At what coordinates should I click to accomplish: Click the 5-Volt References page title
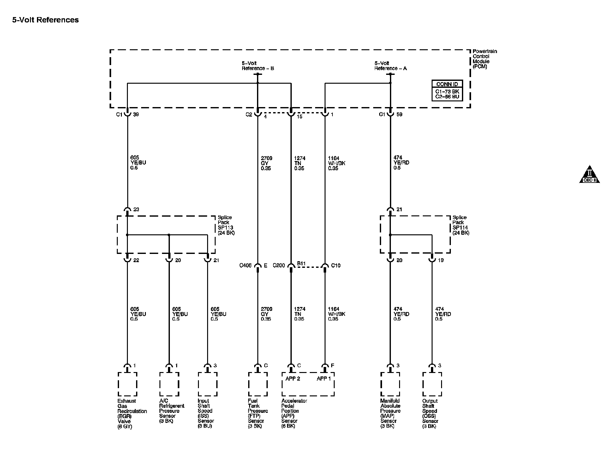tap(45, 20)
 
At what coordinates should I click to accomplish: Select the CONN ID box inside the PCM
tap(447, 90)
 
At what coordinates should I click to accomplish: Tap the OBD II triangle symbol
tap(589, 175)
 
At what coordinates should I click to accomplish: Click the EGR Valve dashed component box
tap(127, 384)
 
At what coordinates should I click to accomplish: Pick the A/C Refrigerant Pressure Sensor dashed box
tap(169, 384)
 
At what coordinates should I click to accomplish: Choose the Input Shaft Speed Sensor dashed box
tap(207, 384)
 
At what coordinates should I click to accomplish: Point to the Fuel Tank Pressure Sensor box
tap(258, 384)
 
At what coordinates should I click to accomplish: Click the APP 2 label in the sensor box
tap(292, 379)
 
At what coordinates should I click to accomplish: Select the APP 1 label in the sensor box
tap(324, 379)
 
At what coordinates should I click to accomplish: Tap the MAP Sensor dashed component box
tap(390, 384)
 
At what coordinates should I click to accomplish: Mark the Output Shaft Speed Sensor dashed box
tap(432, 384)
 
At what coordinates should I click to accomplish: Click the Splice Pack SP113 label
tap(226, 225)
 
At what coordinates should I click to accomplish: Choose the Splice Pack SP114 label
tap(461, 225)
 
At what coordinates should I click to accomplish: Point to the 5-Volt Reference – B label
tap(258, 66)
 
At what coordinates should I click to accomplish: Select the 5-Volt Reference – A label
tap(391, 66)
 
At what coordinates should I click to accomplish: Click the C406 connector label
tap(245, 266)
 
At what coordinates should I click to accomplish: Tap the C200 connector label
tap(279, 266)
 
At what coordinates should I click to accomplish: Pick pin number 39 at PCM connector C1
tap(136, 115)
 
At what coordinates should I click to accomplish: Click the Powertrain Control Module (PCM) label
tap(485, 59)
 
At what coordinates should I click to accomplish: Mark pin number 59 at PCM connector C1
tap(399, 115)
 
